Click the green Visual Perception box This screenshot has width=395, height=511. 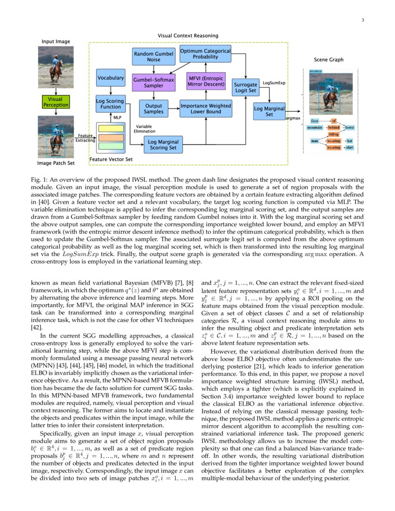[x=55, y=102]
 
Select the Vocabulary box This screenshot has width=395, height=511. [x=111, y=78]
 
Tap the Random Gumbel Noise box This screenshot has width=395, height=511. [x=153, y=57]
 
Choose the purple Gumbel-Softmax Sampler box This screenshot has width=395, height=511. [x=153, y=83]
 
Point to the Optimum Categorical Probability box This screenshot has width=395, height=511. [x=205, y=54]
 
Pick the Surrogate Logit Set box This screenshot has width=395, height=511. [x=246, y=88]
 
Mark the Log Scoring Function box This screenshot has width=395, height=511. [x=110, y=104]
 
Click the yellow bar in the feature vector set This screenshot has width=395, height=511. [x=111, y=129]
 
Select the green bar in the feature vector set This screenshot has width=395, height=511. [x=111, y=146]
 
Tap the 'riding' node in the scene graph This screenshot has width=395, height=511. [x=333, y=134]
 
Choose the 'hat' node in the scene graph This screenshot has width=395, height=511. [x=349, y=140]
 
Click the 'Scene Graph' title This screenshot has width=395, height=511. [x=329, y=60]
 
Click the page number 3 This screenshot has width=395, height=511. [x=362, y=20]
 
